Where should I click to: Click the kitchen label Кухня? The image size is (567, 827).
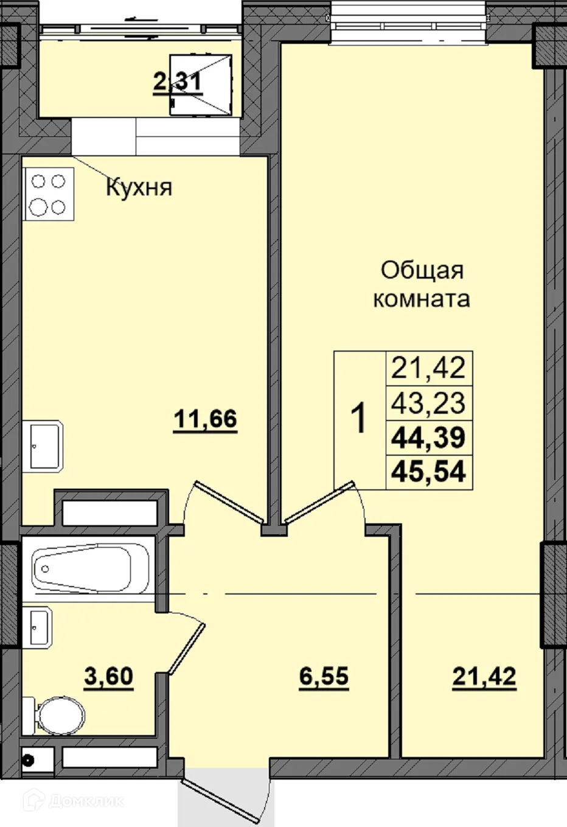tap(139, 187)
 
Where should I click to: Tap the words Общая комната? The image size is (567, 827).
tap(422, 284)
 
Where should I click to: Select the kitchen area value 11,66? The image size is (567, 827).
tap(205, 419)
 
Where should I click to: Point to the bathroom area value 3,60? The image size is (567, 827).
tap(108, 676)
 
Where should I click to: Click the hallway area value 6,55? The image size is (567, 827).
tap(324, 676)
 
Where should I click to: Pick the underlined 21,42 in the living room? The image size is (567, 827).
tap(484, 676)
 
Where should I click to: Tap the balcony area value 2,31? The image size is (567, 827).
tap(177, 81)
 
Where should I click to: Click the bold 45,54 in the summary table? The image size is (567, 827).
tap(429, 472)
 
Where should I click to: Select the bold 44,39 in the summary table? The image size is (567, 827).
tap(429, 437)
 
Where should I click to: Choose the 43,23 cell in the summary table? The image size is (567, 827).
tap(429, 402)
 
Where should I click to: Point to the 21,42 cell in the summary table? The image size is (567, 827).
tap(429, 368)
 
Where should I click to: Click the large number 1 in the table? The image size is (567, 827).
tap(360, 419)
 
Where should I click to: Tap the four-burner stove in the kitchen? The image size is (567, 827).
tap(49, 194)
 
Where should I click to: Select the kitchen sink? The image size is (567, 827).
tap(46, 447)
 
